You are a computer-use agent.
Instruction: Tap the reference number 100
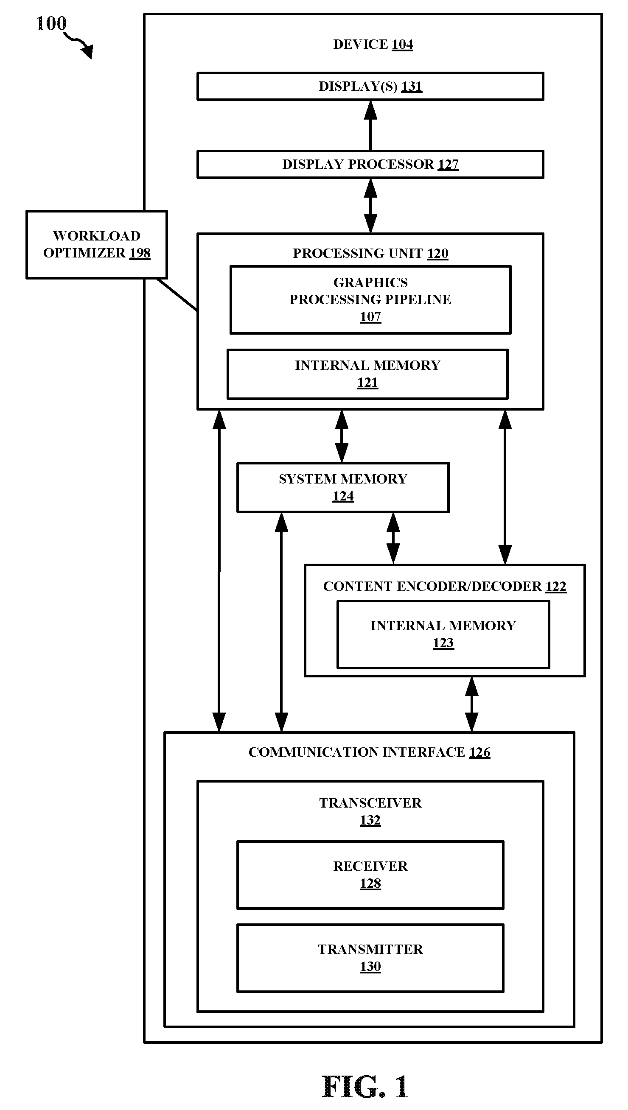(51, 23)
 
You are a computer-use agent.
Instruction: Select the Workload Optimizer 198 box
(97, 244)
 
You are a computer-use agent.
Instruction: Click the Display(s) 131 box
(370, 86)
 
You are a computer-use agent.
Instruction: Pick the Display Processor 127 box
(370, 164)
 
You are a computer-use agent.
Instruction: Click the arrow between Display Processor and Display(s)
(370, 126)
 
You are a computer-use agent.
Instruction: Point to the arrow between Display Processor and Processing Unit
(370, 206)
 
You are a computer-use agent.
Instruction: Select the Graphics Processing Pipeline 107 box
(370, 299)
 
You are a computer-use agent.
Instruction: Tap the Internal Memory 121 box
(367, 374)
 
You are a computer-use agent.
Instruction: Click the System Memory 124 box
(343, 487)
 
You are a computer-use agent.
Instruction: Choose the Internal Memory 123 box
(443, 634)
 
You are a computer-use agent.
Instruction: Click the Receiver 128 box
(370, 875)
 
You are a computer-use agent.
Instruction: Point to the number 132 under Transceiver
(370, 820)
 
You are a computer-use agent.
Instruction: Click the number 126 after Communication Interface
(479, 752)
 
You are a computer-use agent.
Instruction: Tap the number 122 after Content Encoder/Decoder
(556, 586)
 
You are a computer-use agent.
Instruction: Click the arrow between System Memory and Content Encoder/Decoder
(393, 538)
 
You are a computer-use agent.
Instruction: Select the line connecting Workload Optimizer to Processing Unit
(177, 294)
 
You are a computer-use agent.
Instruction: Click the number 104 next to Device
(402, 44)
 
